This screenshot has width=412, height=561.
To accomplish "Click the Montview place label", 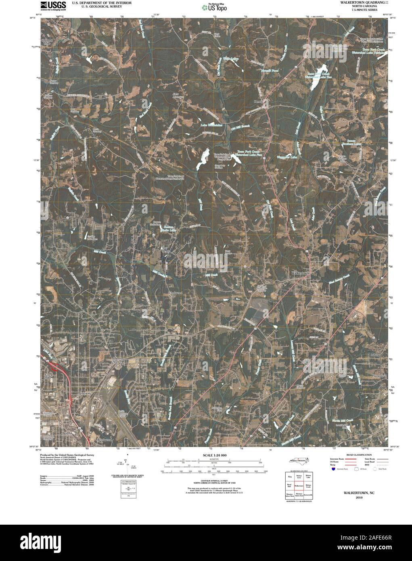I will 86,393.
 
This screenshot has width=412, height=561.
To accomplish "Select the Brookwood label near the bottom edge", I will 104,439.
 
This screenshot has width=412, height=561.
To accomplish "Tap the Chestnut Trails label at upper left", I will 47,43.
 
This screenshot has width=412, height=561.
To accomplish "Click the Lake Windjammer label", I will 211,125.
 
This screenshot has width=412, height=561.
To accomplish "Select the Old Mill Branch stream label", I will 241,128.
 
